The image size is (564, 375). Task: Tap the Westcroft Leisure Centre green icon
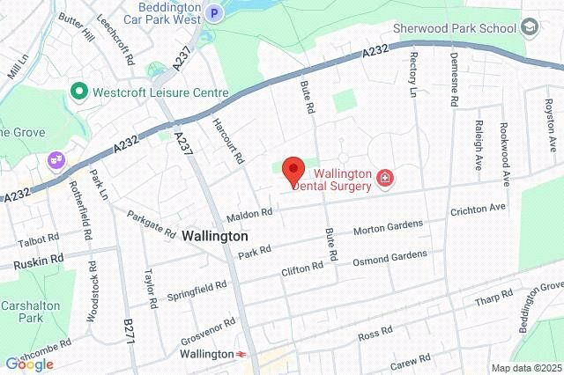(78, 92)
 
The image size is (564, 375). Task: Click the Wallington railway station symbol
(240, 354)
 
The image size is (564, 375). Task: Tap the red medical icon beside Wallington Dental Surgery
(384, 180)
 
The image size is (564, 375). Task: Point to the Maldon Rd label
(249, 214)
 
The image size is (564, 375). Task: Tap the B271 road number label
(130, 332)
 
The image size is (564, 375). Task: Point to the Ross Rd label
(374, 335)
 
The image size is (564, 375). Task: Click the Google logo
(29, 364)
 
